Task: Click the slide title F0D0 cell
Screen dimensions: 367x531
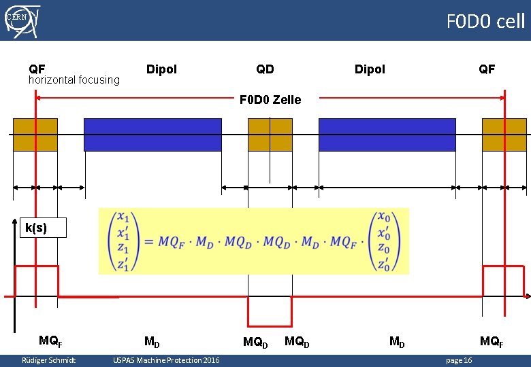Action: coord(485,21)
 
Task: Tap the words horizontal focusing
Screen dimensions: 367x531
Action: coord(74,80)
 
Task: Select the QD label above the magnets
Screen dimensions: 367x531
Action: coord(265,69)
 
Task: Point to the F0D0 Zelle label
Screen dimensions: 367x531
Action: coord(270,100)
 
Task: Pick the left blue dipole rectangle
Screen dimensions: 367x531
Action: coord(152,135)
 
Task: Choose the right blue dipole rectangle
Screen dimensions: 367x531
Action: coord(387,135)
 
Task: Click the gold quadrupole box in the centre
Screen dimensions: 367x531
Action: coord(270,135)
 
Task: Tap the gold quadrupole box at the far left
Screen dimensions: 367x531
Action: coord(35,135)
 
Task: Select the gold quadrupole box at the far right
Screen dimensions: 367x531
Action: coord(504,135)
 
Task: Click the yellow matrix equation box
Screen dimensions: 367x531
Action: coord(253,241)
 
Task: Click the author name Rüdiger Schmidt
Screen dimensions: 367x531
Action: coord(48,360)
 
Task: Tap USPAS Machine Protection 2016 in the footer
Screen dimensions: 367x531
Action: coord(166,360)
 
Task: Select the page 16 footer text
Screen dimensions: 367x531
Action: coord(458,360)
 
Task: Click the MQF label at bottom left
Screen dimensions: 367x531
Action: coord(51,341)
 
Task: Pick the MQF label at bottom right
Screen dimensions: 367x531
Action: coord(492,341)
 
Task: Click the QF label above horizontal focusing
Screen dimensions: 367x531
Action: coord(37,69)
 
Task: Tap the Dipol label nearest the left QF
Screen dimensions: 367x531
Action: coord(161,69)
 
